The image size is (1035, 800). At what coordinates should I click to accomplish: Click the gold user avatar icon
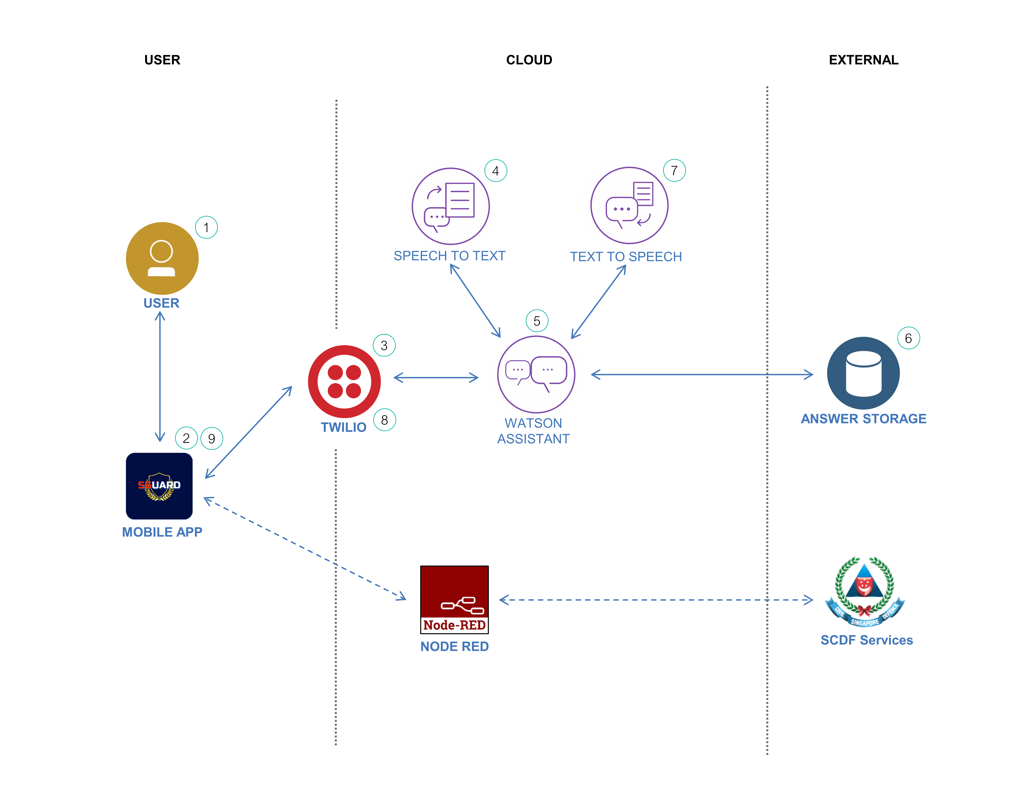[162, 258]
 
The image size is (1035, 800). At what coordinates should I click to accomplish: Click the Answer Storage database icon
[863, 373]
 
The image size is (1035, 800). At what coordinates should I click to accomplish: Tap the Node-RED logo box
[454, 600]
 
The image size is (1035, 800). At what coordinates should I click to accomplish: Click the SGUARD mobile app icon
[159, 486]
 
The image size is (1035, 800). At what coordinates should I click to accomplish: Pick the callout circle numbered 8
[384, 420]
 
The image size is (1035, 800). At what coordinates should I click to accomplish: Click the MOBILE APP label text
[162, 532]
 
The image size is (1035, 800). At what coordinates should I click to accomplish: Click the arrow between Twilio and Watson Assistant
[436, 378]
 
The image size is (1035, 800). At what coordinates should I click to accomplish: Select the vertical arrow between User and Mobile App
[160, 377]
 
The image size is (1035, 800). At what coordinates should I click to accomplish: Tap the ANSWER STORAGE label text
[863, 419]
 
